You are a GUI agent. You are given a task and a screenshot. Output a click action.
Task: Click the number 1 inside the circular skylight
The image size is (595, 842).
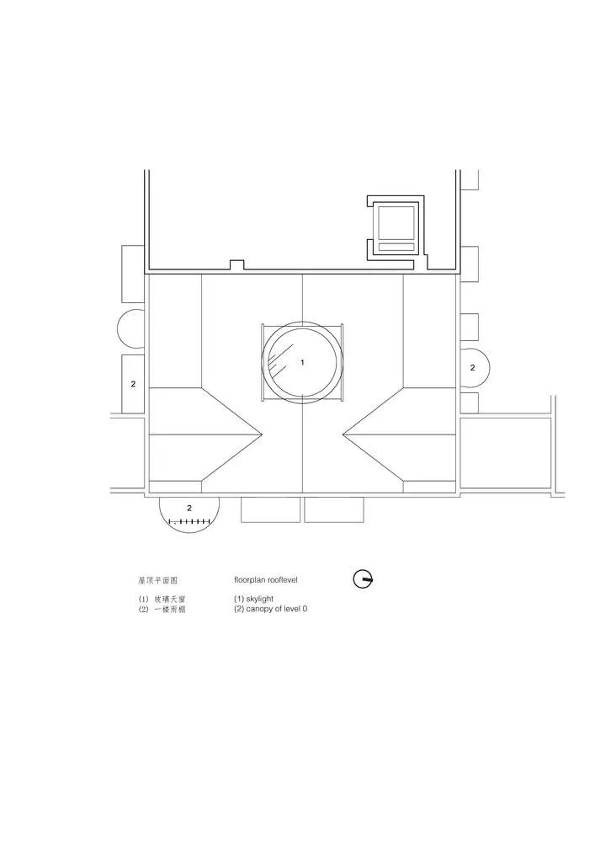(x=302, y=362)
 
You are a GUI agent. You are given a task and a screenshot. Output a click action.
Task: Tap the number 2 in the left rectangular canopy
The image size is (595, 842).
(x=133, y=384)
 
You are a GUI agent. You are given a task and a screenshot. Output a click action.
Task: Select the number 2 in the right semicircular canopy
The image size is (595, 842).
(x=472, y=368)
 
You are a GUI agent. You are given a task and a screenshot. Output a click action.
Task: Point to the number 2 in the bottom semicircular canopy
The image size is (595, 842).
(x=189, y=508)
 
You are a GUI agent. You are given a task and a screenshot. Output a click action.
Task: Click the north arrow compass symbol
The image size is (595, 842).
(x=363, y=578)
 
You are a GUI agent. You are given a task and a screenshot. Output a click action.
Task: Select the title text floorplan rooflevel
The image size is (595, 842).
(x=265, y=580)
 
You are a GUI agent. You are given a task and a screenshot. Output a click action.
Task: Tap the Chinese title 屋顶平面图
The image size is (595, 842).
(x=157, y=580)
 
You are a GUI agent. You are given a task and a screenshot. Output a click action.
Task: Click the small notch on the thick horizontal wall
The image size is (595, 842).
(x=237, y=264)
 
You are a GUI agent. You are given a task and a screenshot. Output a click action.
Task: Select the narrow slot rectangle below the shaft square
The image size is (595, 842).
(x=396, y=247)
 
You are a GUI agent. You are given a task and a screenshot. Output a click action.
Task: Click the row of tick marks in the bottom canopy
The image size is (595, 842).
(x=189, y=523)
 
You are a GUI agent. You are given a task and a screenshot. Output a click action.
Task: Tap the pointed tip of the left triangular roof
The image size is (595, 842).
(x=262, y=434)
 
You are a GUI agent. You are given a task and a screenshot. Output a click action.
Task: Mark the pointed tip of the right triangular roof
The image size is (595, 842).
(x=343, y=434)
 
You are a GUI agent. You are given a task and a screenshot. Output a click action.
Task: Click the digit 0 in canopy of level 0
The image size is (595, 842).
(x=304, y=609)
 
